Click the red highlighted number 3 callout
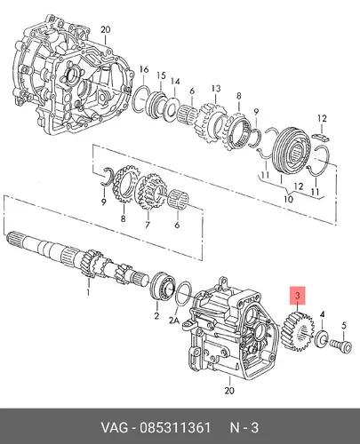298,296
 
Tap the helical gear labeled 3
298,331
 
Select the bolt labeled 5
341,345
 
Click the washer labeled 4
321,338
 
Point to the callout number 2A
174,321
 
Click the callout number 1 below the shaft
88,293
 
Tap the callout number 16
144,70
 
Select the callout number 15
162,75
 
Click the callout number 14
175,82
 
